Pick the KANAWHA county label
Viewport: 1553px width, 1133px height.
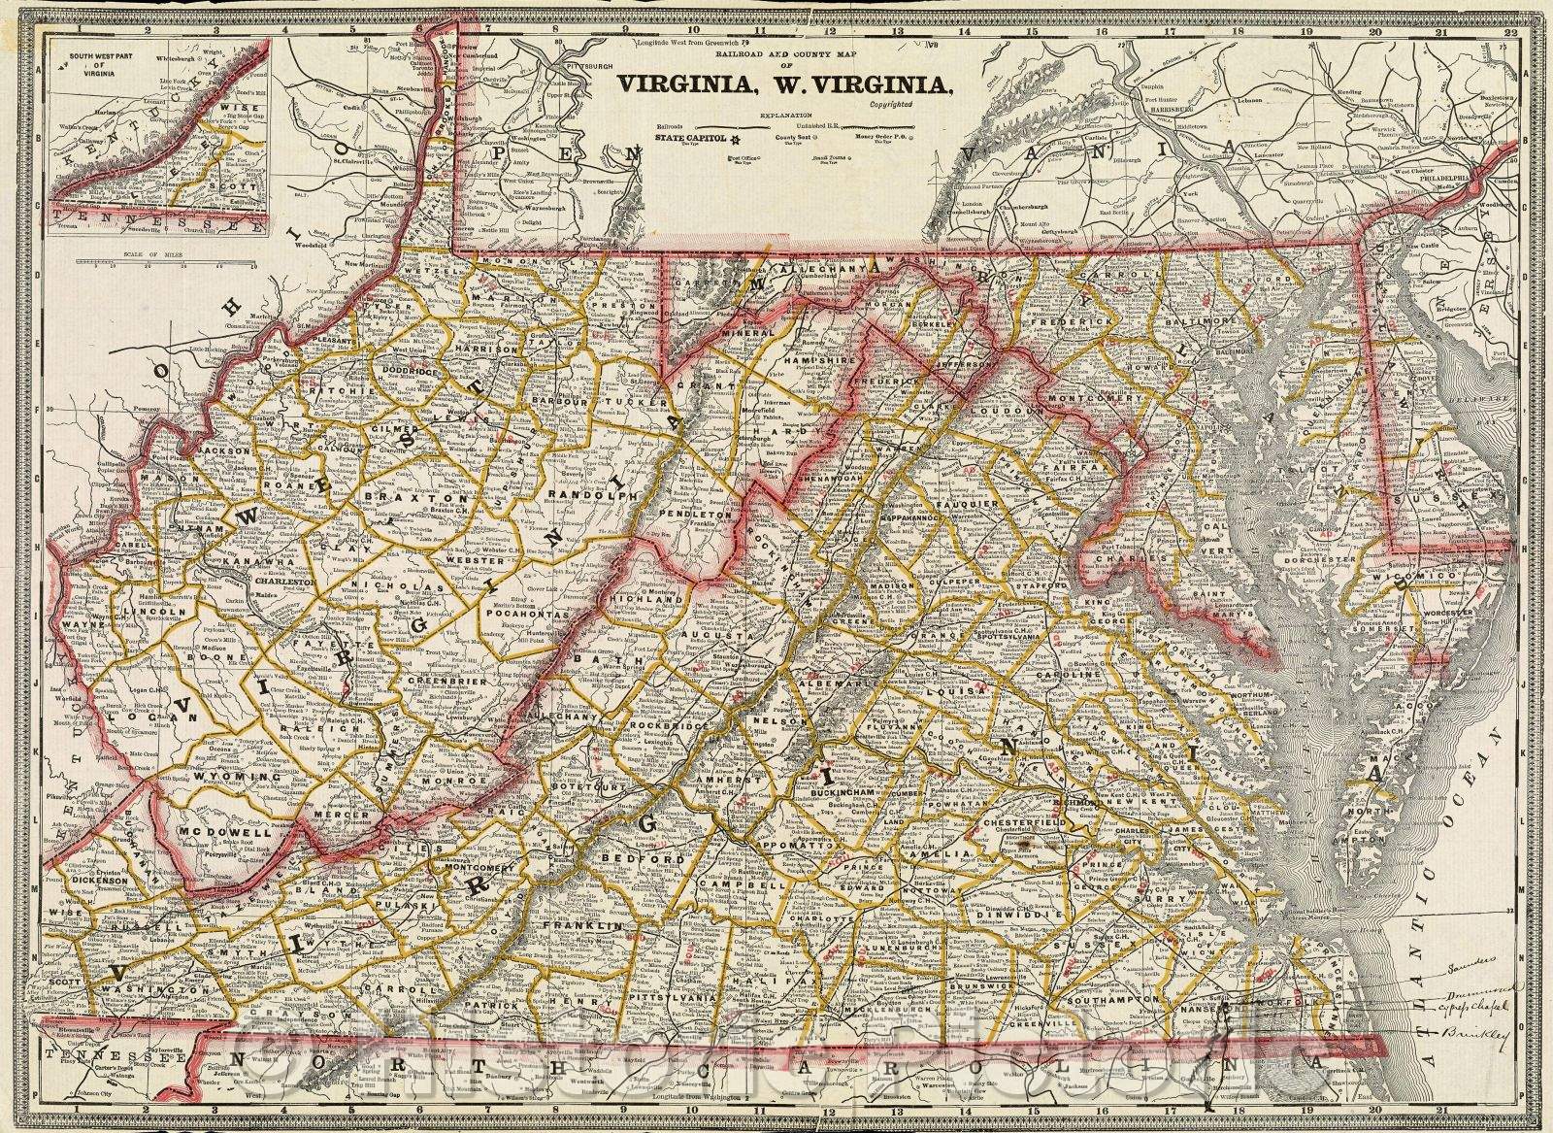[x=251, y=562]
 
